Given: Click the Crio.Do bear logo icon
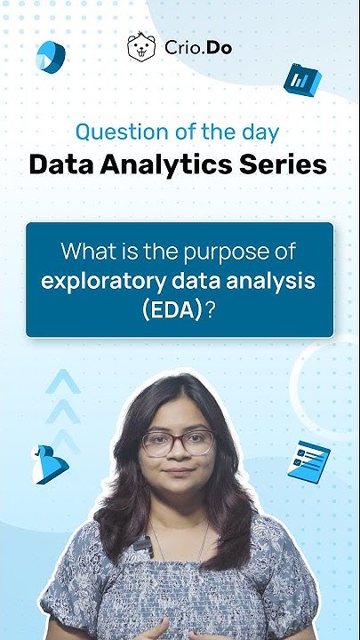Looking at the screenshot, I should [x=140, y=47].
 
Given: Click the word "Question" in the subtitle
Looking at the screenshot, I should [x=110, y=132].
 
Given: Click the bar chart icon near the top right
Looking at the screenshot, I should [x=301, y=79].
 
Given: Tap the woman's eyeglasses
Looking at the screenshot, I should [x=178, y=442].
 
